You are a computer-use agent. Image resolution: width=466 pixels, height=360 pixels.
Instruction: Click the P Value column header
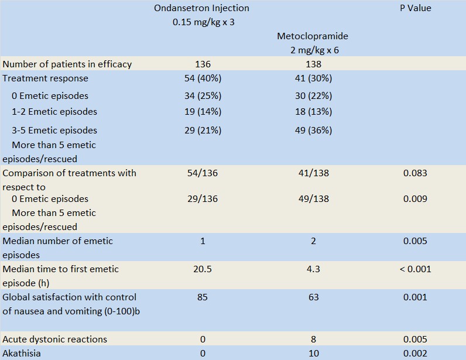point(415,8)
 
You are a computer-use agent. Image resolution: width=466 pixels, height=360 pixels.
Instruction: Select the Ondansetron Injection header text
point(201,8)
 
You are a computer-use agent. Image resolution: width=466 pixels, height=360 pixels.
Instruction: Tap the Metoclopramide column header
point(313,36)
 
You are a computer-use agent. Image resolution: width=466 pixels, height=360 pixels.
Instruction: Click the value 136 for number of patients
point(203,64)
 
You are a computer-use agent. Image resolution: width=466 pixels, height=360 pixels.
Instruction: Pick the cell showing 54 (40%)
point(203,78)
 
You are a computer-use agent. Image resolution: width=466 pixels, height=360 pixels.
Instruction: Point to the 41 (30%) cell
point(313,78)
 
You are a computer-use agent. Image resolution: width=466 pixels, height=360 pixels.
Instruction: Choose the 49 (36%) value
point(313,131)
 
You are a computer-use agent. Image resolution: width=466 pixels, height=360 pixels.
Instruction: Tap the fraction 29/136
point(203,199)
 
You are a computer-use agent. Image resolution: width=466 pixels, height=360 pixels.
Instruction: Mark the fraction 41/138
point(313,173)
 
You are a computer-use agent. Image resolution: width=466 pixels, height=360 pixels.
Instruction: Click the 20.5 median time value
point(203,269)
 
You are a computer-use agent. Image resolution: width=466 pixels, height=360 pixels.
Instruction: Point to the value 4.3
point(313,269)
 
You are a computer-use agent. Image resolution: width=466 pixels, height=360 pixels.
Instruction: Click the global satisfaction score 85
point(203,297)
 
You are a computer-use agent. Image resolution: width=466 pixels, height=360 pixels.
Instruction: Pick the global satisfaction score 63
point(313,297)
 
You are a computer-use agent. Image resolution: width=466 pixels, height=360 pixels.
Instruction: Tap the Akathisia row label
point(22,354)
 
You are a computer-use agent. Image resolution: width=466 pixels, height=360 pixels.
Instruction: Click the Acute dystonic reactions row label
point(54,340)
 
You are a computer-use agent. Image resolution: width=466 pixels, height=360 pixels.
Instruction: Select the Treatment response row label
point(46,78)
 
